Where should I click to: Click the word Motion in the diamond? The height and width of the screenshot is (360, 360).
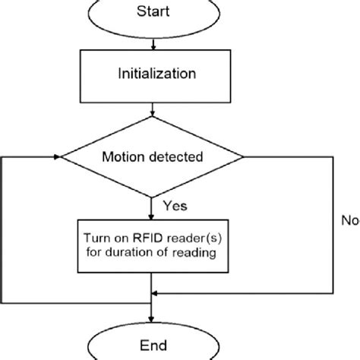tap(125, 158)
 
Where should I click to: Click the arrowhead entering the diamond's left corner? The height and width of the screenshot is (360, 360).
tap(58, 158)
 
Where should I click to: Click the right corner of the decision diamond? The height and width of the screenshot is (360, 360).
tap(243, 158)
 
